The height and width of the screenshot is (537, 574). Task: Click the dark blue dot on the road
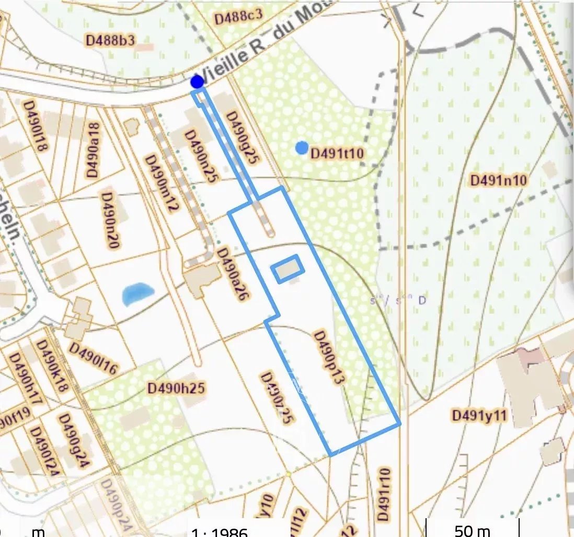coord(197,81)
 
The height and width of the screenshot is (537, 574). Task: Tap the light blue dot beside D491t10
coord(302,148)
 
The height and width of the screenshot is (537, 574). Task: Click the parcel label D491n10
coord(499,180)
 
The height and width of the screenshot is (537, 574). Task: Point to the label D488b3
coord(110,40)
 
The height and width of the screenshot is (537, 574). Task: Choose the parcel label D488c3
coord(238,17)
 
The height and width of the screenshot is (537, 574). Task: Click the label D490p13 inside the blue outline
coord(328,358)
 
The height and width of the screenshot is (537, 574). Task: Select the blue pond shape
coord(137,293)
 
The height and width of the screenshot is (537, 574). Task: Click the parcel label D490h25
coord(176,388)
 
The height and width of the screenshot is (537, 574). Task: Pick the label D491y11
coord(479,415)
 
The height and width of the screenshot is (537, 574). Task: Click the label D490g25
coord(242,138)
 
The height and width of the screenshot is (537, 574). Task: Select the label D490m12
coord(162,183)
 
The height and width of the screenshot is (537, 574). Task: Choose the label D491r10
coord(384,494)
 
